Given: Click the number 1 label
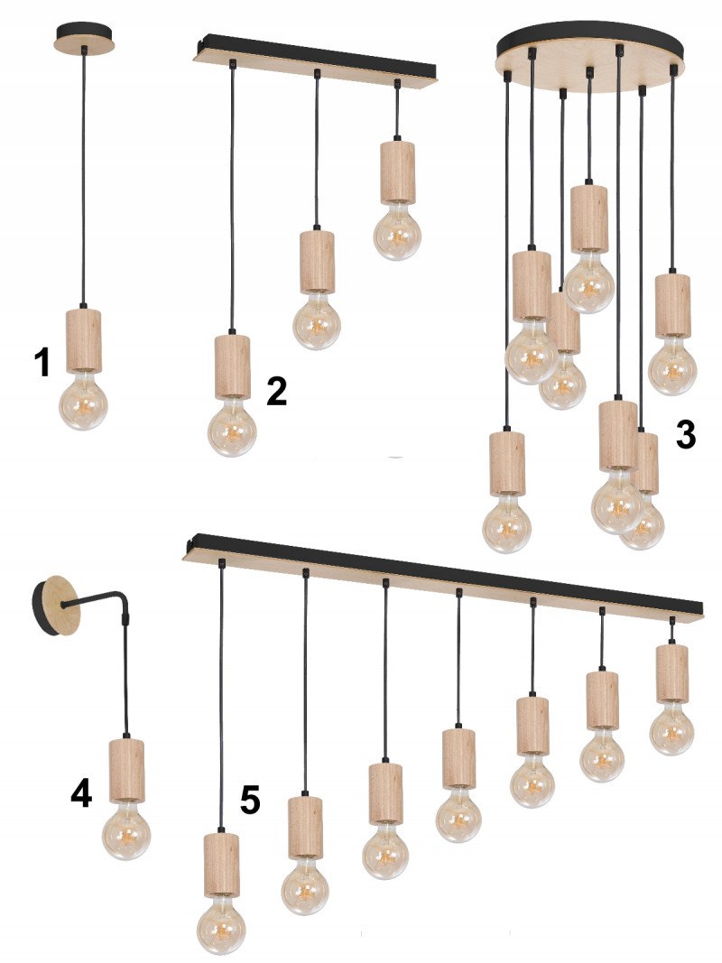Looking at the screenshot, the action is coord(42,362).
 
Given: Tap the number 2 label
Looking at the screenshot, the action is coord(276,391).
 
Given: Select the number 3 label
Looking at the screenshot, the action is coord(686,435).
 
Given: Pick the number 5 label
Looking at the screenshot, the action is coord(250,800).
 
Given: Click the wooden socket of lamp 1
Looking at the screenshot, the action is coord(84,340).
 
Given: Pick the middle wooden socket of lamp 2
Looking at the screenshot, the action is coord(317,262).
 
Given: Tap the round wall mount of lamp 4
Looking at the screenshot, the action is coord(54,606).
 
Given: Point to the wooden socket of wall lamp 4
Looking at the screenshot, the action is coord(126,770).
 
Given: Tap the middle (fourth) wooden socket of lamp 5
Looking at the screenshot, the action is coord(458,758).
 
